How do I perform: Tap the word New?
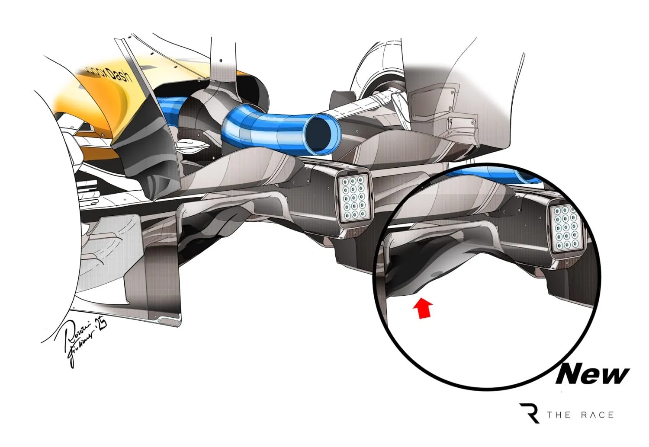(592, 374)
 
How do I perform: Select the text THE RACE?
(580, 415)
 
